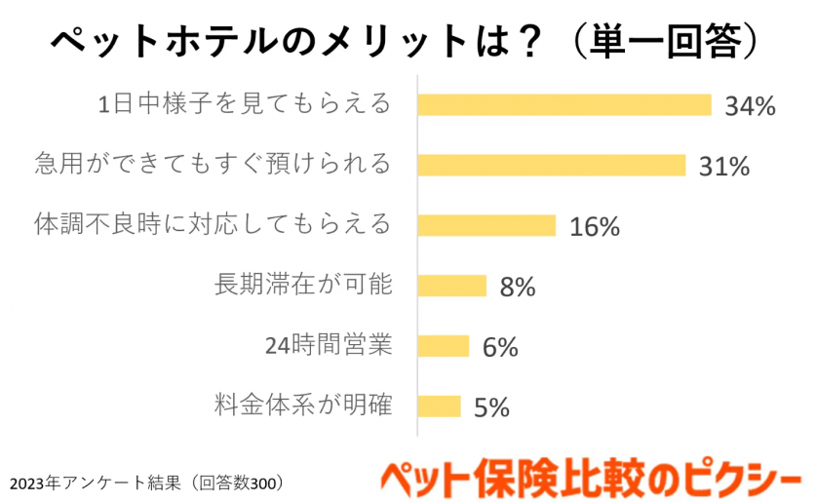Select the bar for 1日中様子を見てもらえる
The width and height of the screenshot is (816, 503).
(x=564, y=105)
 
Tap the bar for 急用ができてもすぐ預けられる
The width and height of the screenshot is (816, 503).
(x=552, y=165)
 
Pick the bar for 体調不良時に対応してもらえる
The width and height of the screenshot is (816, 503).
(x=486, y=225)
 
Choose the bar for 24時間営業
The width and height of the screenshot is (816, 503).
(x=443, y=346)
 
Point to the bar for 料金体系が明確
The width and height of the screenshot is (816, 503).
(x=439, y=406)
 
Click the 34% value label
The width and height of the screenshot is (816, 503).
(x=749, y=106)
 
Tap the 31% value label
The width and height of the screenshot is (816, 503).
(x=723, y=167)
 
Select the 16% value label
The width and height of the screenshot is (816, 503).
(x=595, y=227)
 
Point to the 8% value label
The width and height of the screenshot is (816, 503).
(x=518, y=288)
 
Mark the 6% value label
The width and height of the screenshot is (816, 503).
(x=500, y=347)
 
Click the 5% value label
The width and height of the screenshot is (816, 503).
(x=491, y=407)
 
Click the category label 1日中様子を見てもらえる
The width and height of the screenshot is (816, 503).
(x=245, y=104)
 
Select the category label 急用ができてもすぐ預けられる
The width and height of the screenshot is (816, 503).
(x=212, y=164)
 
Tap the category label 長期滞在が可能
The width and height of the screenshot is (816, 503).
(x=302, y=285)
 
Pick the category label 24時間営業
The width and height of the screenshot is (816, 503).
(x=328, y=345)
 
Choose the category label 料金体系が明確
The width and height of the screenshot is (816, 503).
(x=302, y=404)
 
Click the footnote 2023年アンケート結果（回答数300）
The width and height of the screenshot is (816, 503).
(x=147, y=482)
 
